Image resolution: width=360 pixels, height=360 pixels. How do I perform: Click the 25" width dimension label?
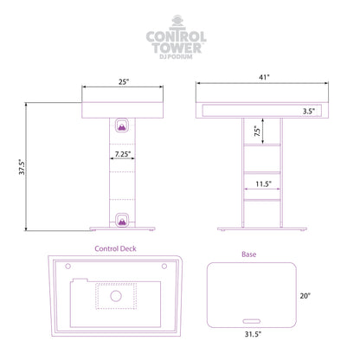124,82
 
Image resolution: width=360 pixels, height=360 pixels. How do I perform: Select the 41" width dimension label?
264,77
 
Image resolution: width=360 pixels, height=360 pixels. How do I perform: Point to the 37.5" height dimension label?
22,167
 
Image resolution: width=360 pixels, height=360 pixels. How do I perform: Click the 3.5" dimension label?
308,111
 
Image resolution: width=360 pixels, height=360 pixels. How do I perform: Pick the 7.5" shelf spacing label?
257,132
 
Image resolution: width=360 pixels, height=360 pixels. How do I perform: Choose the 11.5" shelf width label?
263,183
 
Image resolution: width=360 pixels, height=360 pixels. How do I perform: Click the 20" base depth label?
305,296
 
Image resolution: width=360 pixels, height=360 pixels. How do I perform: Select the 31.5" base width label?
253,334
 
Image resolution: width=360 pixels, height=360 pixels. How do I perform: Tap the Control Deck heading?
115,248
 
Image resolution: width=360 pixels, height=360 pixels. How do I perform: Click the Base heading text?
249,254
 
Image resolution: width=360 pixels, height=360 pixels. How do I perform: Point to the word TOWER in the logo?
177,48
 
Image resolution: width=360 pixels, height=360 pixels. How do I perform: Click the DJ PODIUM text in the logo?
176,56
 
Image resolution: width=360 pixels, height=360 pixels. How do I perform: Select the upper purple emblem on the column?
122,125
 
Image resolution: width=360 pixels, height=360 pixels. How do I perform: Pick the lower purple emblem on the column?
122,220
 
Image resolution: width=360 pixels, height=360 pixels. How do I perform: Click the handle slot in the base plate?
252,321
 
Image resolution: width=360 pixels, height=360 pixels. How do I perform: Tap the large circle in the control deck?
116,296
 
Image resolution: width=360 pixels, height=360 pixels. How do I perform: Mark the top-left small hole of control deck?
68,266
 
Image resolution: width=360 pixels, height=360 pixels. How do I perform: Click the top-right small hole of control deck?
164,266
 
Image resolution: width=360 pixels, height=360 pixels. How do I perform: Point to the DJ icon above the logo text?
177,22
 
